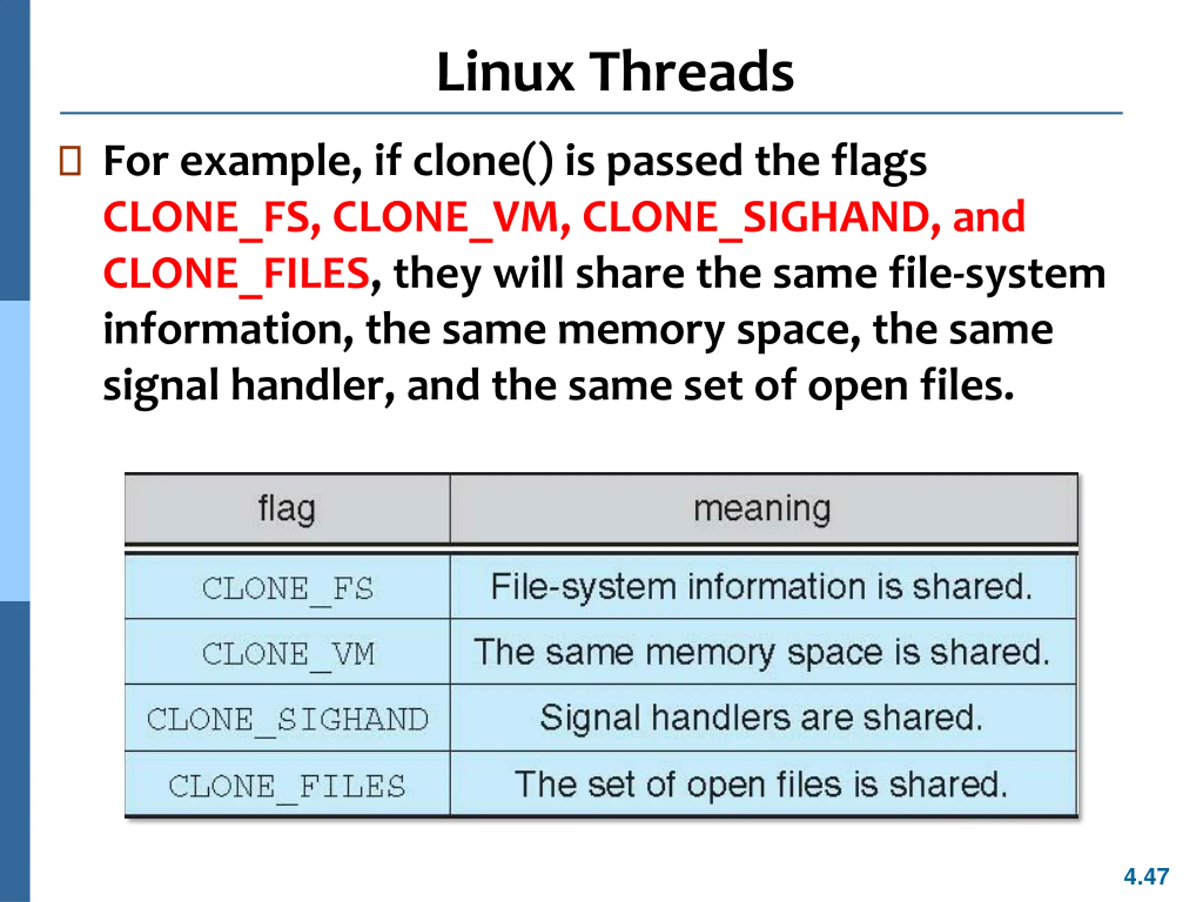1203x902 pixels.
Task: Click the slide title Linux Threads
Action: pos(615,72)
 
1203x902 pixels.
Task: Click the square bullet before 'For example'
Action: pos(70,161)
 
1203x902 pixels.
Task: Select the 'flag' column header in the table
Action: pos(287,509)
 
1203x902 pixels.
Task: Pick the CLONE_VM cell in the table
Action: pos(288,653)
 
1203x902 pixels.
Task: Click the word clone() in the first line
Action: pos(483,162)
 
